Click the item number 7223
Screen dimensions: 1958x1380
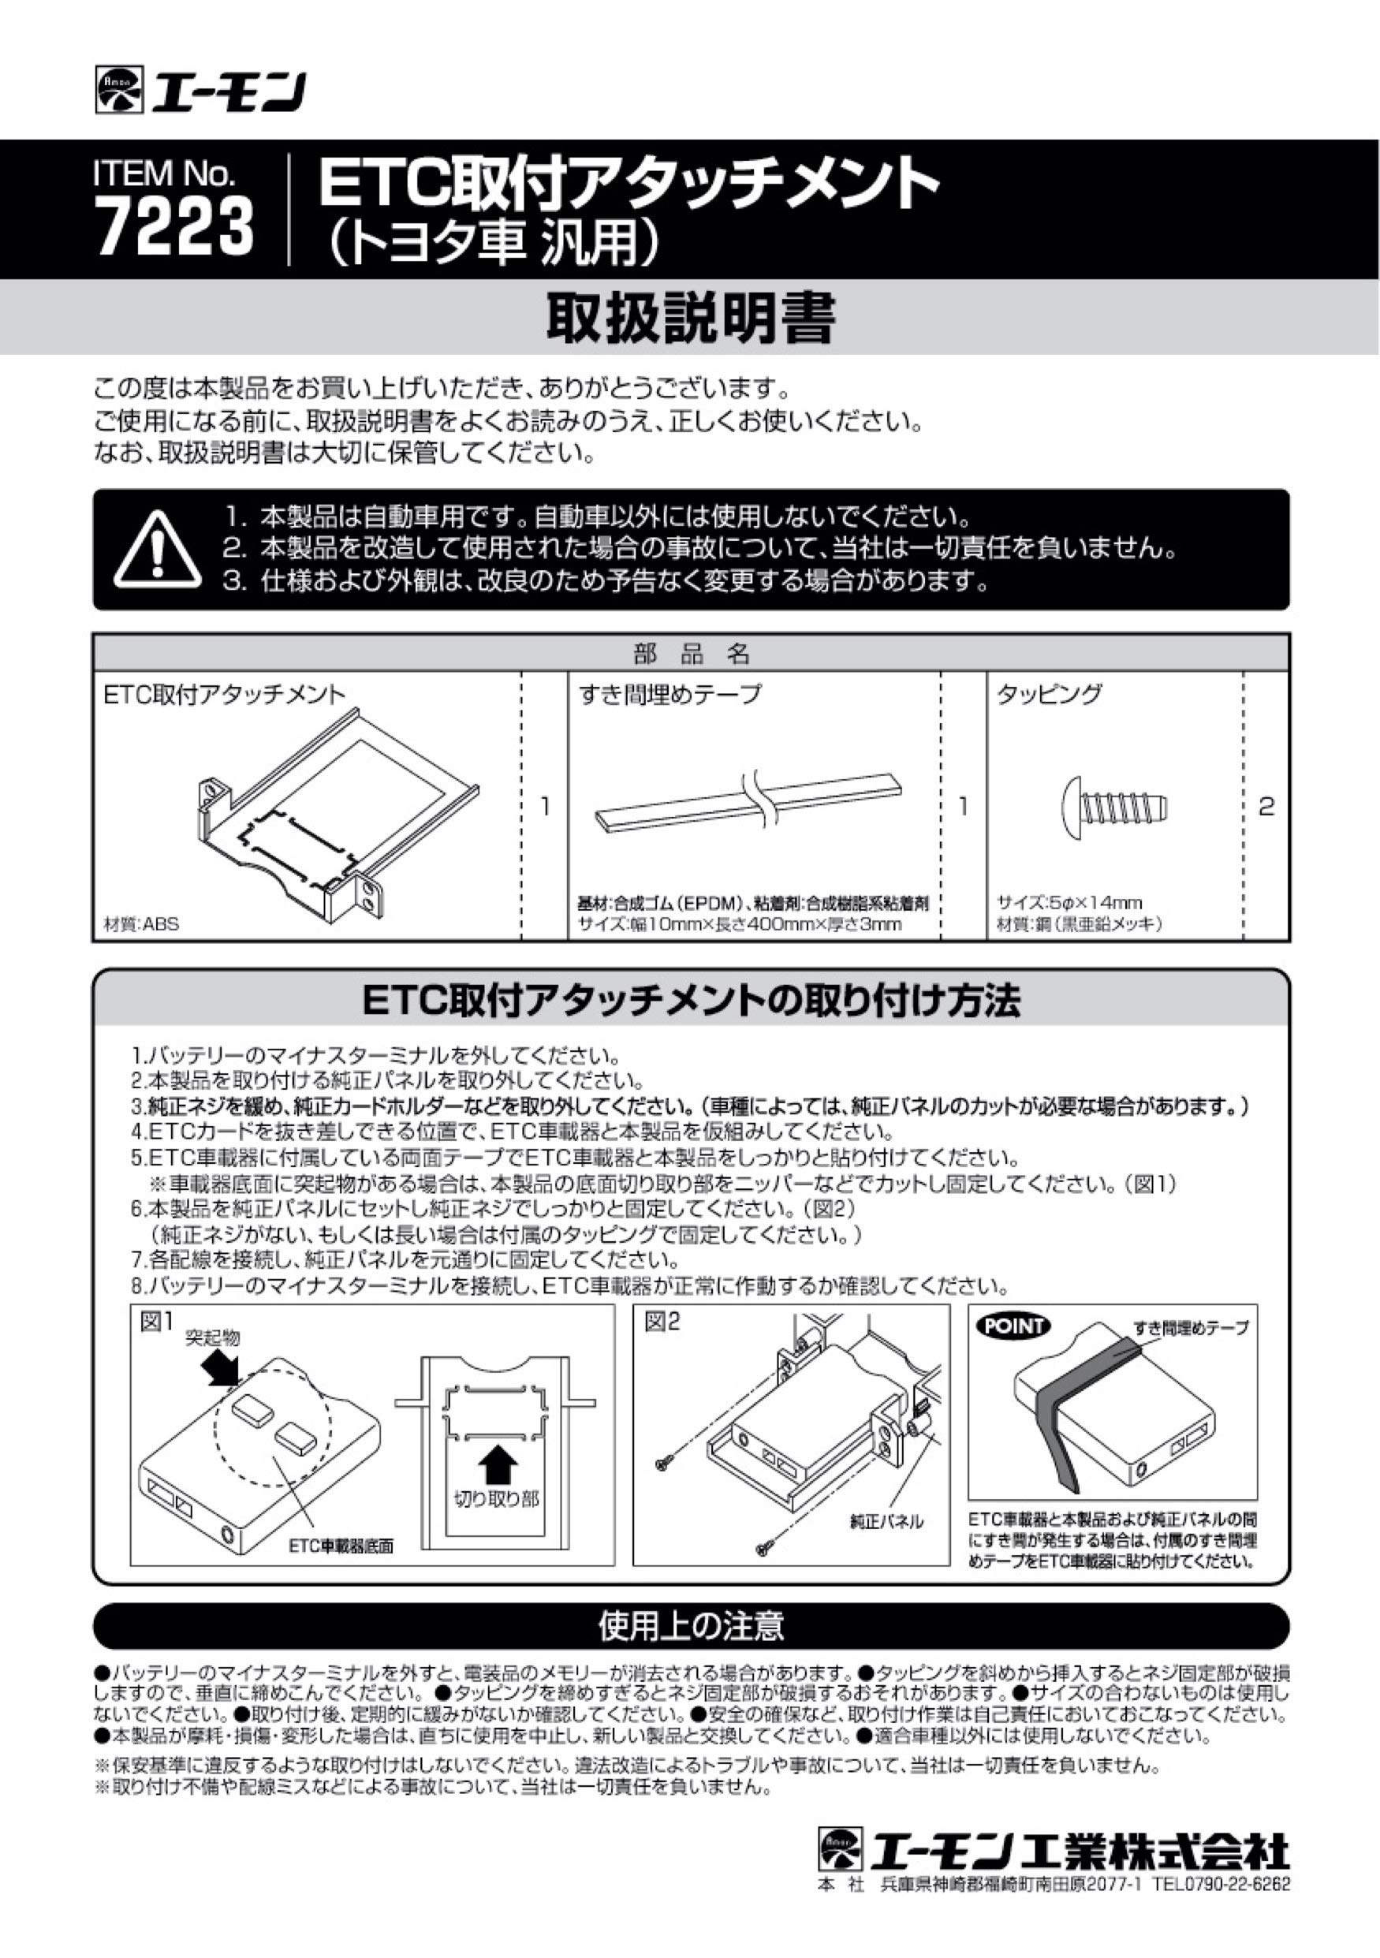175,227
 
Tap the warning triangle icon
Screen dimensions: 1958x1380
158,550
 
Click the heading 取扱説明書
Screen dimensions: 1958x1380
690,318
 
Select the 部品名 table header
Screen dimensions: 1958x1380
690,653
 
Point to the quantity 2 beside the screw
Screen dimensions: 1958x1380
1266,806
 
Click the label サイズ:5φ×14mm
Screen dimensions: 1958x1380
1069,902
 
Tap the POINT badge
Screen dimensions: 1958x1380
1013,1326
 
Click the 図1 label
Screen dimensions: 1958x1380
156,1322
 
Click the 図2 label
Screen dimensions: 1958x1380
662,1322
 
